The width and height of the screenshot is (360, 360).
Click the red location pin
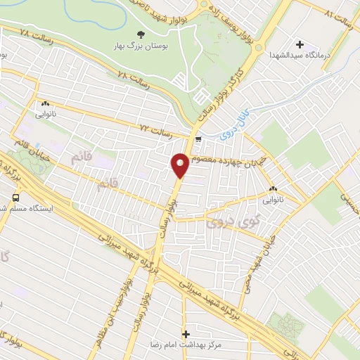tap(180, 165)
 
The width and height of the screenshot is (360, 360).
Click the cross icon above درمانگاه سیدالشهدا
tap(300, 44)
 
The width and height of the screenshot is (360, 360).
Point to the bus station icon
tap(15, 198)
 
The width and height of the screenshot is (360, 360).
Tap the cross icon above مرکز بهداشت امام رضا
tap(186, 334)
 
